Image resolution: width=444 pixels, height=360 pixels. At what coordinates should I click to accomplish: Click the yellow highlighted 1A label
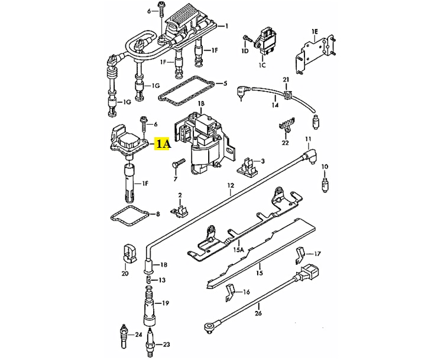162,143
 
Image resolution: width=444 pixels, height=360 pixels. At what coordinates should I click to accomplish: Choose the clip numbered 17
300,255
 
